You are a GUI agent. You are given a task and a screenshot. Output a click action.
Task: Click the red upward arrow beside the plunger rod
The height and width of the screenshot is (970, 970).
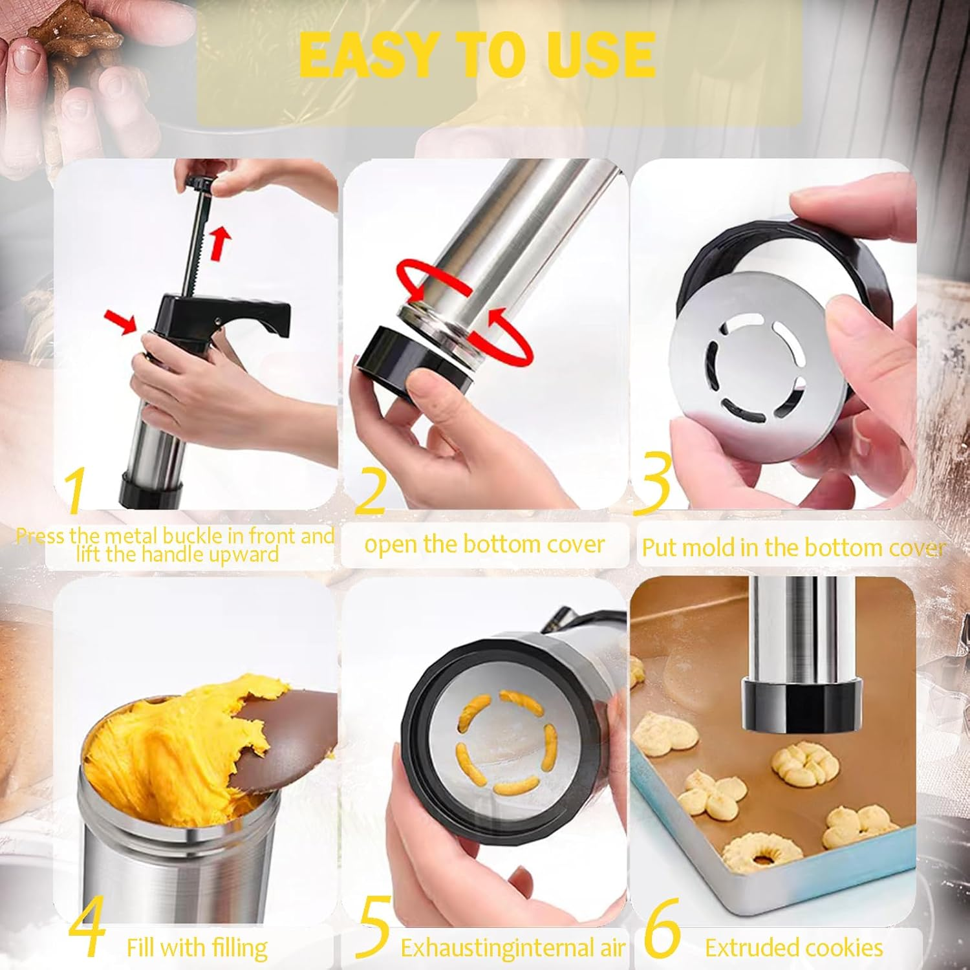(x=221, y=242)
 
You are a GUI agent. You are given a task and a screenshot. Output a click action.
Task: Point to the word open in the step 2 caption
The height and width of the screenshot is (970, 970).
(x=391, y=544)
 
